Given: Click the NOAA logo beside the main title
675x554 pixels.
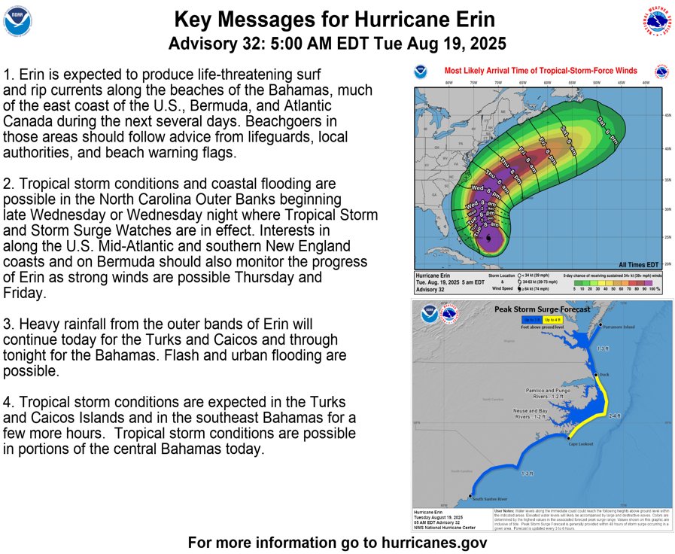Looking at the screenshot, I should (18, 22).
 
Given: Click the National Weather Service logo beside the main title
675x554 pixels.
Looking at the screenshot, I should (657, 22).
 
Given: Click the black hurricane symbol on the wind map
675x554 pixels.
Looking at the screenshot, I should (490, 239).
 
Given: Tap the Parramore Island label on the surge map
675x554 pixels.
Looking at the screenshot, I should (619, 327).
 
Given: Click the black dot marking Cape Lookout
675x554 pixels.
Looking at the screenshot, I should (568, 437).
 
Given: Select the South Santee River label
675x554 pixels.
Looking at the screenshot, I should (490, 498).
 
